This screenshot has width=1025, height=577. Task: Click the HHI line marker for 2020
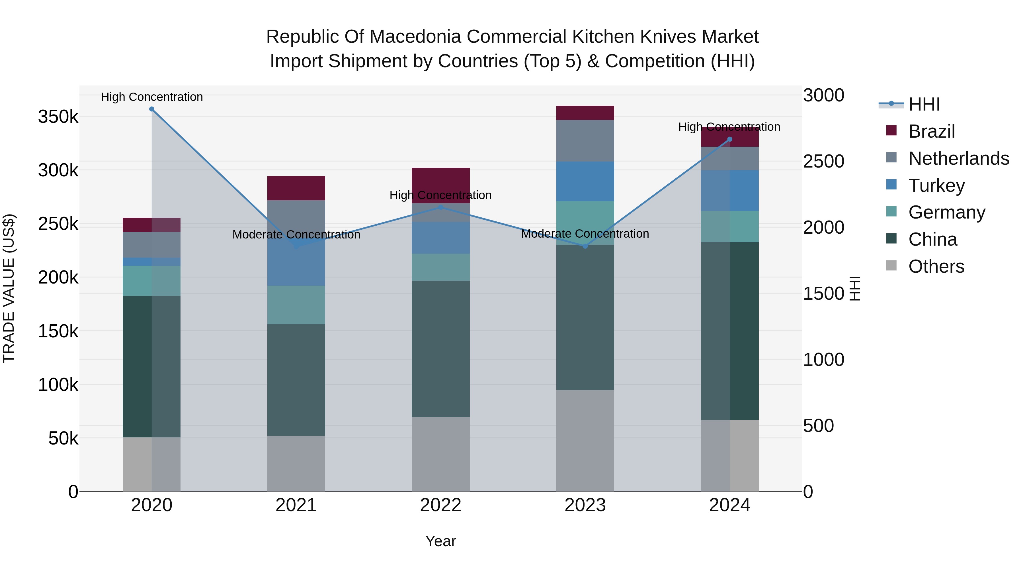tap(151, 109)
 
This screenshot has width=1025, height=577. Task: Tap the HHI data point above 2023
tap(585, 246)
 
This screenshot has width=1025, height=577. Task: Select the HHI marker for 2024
tap(730, 139)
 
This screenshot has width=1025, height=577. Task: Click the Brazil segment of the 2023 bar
tap(585, 113)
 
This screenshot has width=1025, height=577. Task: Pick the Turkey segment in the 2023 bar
tap(585, 181)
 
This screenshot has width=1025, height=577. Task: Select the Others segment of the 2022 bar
tap(440, 454)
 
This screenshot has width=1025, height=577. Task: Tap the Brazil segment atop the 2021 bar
tap(296, 188)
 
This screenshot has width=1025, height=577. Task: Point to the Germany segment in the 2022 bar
tap(440, 267)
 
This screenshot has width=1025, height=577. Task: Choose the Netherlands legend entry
tap(958, 158)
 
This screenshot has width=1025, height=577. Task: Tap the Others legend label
tap(936, 266)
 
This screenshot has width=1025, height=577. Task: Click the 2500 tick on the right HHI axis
tap(823, 161)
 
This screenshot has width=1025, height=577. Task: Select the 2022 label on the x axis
tap(440, 505)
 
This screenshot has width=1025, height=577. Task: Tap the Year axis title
tap(440, 541)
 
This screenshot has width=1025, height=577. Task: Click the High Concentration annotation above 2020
tap(151, 97)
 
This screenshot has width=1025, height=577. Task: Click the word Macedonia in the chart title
tap(413, 37)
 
